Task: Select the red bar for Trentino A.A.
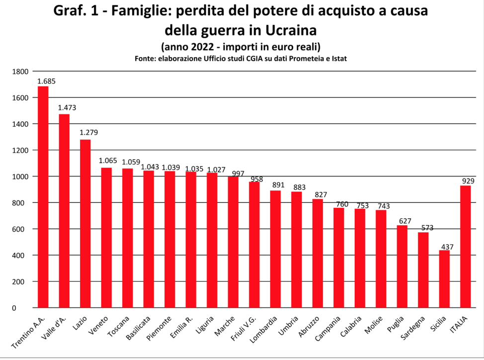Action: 43,197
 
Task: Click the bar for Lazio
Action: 85,224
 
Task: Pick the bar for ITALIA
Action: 466,247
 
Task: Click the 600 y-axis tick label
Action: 23,229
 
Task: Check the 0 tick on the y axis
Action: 27,308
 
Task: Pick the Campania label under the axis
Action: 328,332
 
